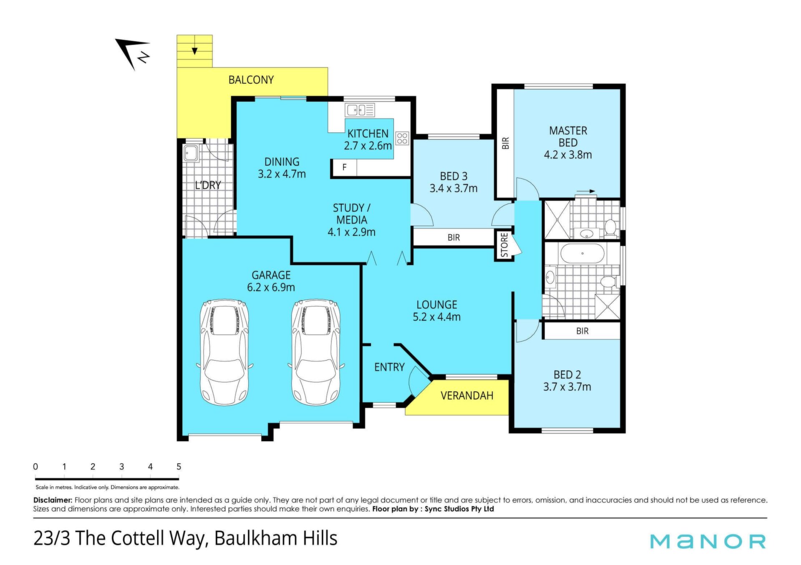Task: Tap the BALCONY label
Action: [x=251, y=80]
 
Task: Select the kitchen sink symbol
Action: [x=360, y=110]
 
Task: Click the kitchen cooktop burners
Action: [x=402, y=138]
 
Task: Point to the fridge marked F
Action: [x=345, y=168]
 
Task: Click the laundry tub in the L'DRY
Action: [x=191, y=153]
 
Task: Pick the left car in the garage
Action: [x=225, y=352]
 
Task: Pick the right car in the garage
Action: [x=316, y=352]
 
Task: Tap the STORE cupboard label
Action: [x=504, y=245]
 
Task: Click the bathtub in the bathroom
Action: [x=582, y=254]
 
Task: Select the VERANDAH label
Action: [x=467, y=396]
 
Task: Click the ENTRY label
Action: [x=389, y=367]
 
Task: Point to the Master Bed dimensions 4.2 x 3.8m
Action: [x=568, y=155]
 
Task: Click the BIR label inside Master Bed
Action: [x=506, y=143]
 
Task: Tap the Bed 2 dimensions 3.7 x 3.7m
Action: [x=567, y=387]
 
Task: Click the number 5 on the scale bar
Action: [x=179, y=467]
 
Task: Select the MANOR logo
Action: [x=708, y=541]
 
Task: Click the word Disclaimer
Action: [x=53, y=500]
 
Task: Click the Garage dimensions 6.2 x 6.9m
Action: [x=271, y=287]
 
